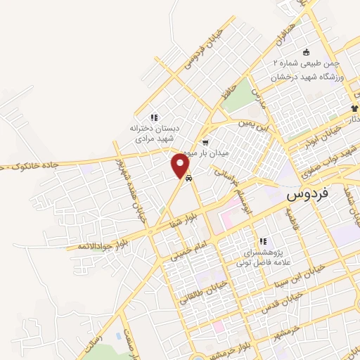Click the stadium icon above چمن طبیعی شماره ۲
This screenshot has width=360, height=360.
pyautogui.click(x=305, y=53)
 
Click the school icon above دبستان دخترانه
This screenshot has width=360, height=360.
pyautogui.click(x=154, y=117)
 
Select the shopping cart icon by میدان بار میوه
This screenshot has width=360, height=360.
pyautogui.click(x=205, y=143)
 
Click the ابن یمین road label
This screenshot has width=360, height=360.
pyautogui.click(x=254, y=128)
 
